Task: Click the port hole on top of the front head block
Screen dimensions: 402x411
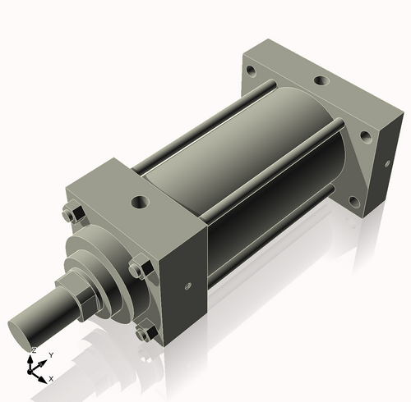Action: [138, 200]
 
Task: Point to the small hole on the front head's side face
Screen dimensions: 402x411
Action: [189, 286]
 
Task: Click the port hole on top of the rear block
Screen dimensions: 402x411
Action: [318, 82]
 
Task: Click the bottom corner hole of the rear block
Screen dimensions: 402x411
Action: [353, 200]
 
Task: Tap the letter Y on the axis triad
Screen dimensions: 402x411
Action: [51, 354]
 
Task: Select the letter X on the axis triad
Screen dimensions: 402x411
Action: [51, 378]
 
